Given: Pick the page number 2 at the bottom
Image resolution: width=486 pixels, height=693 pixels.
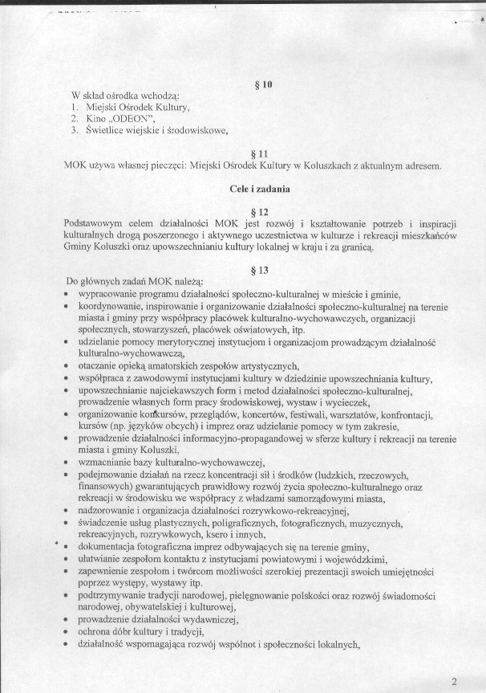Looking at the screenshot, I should (x=455, y=682).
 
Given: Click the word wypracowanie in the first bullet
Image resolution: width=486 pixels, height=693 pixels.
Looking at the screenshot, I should (x=107, y=295).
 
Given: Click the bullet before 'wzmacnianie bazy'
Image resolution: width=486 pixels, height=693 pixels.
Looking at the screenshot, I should (x=64, y=464).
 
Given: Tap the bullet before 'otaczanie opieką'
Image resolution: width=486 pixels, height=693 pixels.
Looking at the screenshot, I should (x=64, y=365).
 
